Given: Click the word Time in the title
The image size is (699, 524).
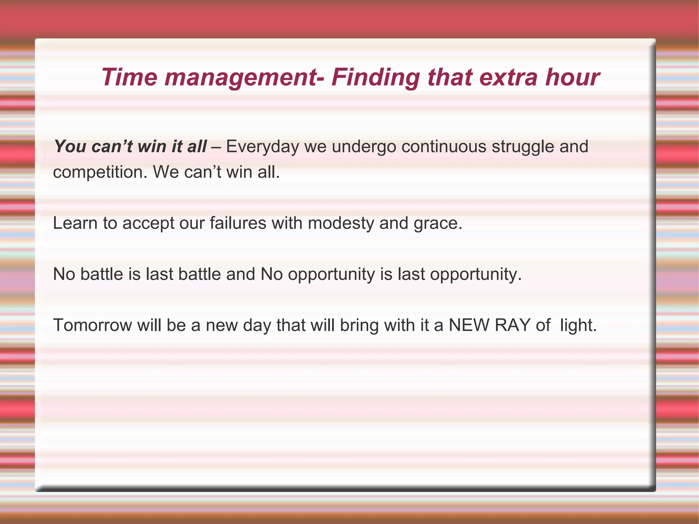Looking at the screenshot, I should [x=129, y=77].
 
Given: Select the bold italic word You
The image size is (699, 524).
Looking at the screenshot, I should [x=70, y=147].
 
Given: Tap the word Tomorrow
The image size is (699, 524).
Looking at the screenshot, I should [x=92, y=325].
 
